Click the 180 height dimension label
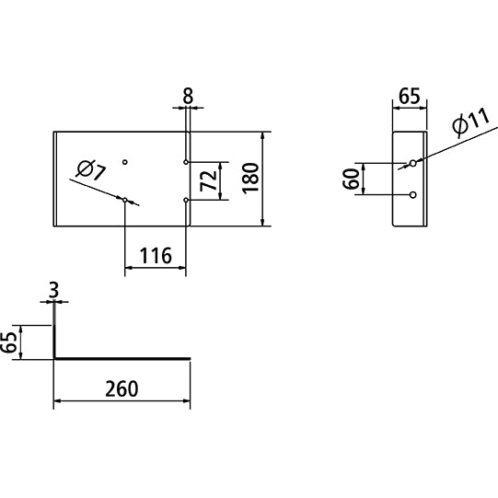(x=250, y=178)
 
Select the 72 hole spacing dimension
(x=209, y=180)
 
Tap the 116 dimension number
(x=156, y=256)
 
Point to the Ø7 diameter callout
(x=91, y=170)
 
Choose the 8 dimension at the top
(x=188, y=96)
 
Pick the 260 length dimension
(x=122, y=388)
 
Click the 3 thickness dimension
(x=54, y=290)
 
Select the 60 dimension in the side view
(x=351, y=179)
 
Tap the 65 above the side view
(x=410, y=96)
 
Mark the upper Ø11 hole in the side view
(x=413, y=163)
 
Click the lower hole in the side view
(x=413, y=195)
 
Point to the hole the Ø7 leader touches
(x=125, y=200)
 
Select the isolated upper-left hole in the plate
(x=125, y=162)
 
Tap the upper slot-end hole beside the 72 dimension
(x=186, y=162)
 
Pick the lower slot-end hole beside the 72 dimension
(x=186, y=200)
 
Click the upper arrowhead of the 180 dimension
(x=262, y=136)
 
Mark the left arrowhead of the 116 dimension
(x=129, y=268)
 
